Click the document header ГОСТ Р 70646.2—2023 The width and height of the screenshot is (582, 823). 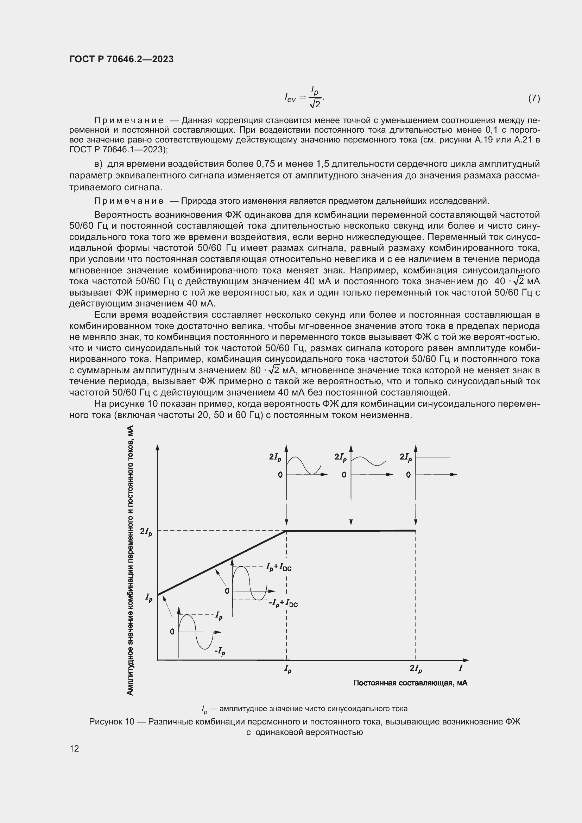click(121, 59)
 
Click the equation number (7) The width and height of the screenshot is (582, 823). click(534, 98)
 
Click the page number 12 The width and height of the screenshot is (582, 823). click(74, 748)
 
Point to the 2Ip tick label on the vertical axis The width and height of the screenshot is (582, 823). click(146, 532)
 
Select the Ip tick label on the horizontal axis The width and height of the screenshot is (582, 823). click(287, 669)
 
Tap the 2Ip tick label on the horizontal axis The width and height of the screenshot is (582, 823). click(415, 669)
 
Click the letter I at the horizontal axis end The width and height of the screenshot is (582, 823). click(461, 668)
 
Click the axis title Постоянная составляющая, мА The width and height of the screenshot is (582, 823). click(410, 683)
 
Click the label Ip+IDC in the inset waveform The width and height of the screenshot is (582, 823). click(278, 567)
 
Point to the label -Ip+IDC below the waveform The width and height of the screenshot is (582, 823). click(283, 603)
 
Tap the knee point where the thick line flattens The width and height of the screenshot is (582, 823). click(286, 531)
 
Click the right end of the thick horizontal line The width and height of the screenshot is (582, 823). click(415, 531)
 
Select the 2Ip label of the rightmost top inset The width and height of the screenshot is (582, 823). click(406, 457)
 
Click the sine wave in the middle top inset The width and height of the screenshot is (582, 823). click(368, 461)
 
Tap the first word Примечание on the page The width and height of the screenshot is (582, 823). click(129, 120)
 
